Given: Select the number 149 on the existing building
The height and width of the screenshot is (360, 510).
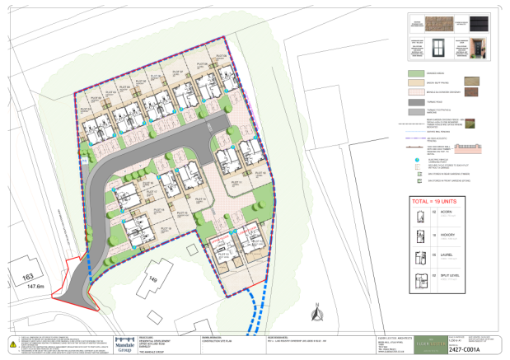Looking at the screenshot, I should tap(152, 279).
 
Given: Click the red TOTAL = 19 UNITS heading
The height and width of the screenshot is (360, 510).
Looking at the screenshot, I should tap(445, 202).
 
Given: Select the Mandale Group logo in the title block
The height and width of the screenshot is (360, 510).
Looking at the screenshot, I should tap(124, 345).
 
